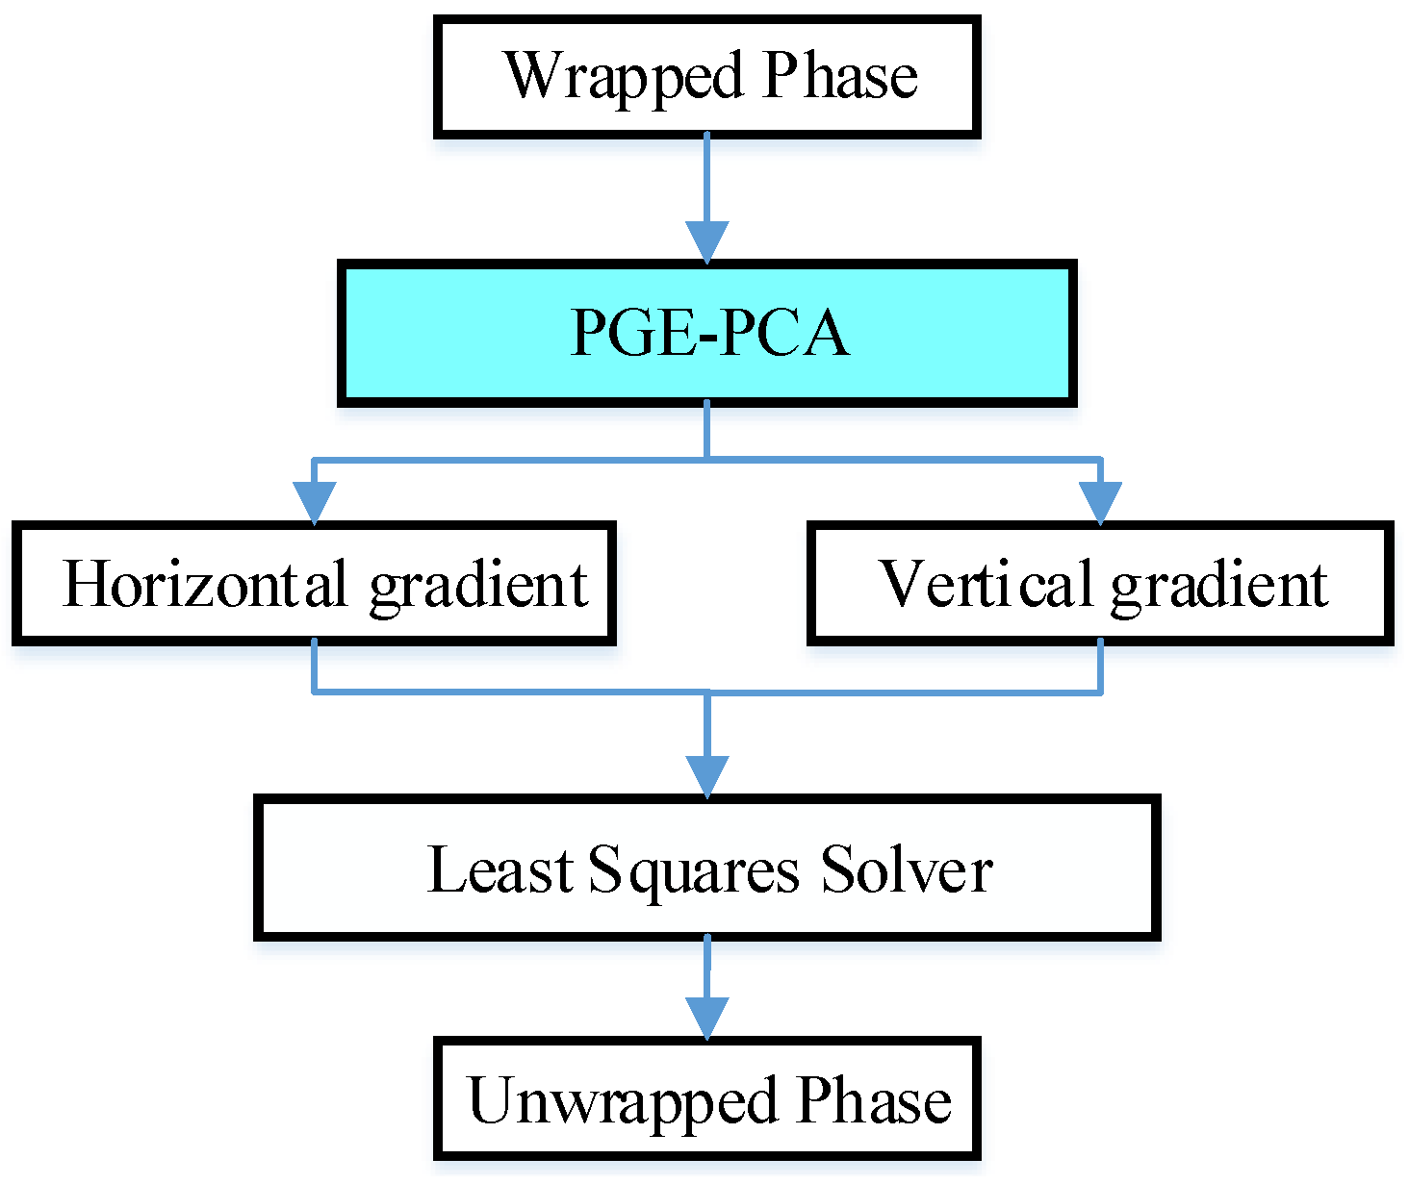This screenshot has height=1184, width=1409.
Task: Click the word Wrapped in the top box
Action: [624, 76]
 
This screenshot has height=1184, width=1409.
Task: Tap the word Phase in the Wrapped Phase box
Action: [840, 76]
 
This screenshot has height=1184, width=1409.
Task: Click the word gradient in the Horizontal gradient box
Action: [478, 586]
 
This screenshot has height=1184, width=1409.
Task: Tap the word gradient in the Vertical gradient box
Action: [1219, 586]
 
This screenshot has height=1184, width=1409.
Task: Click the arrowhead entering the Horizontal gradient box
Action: [314, 502]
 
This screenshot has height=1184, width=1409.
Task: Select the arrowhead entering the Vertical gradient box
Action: [1100, 502]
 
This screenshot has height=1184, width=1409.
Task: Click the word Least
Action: [500, 869]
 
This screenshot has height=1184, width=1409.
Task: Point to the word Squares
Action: [693, 871]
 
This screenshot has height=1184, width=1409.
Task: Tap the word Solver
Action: [906, 869]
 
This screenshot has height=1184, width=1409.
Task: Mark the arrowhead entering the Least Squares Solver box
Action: [707, 775]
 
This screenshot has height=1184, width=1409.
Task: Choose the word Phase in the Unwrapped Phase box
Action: [874, 1100]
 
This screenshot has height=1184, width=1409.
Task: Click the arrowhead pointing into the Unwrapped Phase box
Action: [707, 1018]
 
